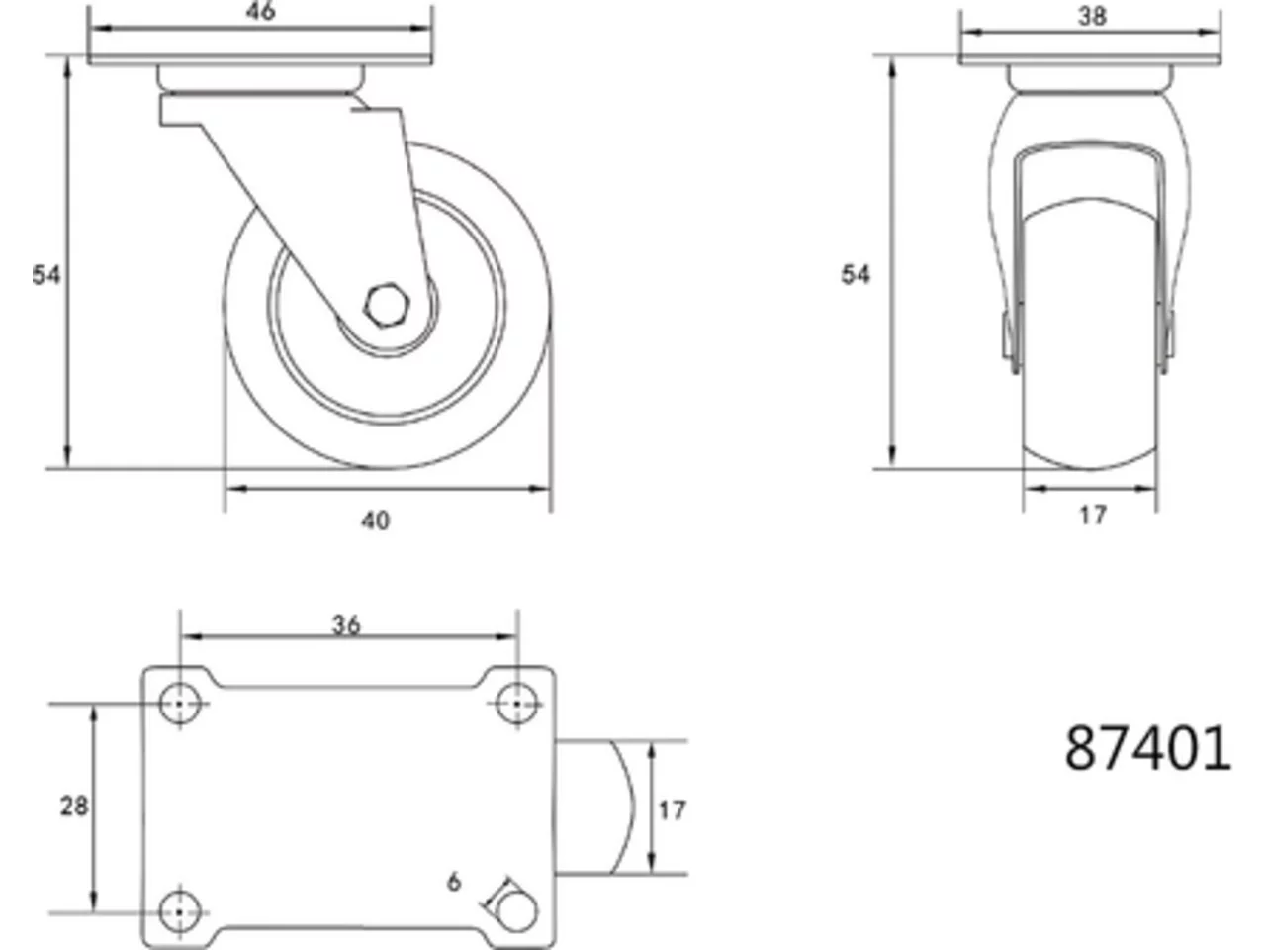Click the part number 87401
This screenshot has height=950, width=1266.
(1147, 749)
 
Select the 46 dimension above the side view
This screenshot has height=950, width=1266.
(261, 11)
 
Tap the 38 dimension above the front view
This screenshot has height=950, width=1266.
(1092, 16)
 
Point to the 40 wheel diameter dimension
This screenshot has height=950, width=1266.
(376, 521)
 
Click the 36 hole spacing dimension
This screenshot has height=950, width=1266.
(346, 624)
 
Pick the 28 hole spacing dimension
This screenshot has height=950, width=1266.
(74, 806)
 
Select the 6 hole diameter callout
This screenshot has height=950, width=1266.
(455, 882)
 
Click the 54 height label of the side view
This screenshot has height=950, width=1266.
(45, 275)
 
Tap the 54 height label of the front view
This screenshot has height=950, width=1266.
(856, 274)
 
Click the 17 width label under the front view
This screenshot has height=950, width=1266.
(1093, 516)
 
